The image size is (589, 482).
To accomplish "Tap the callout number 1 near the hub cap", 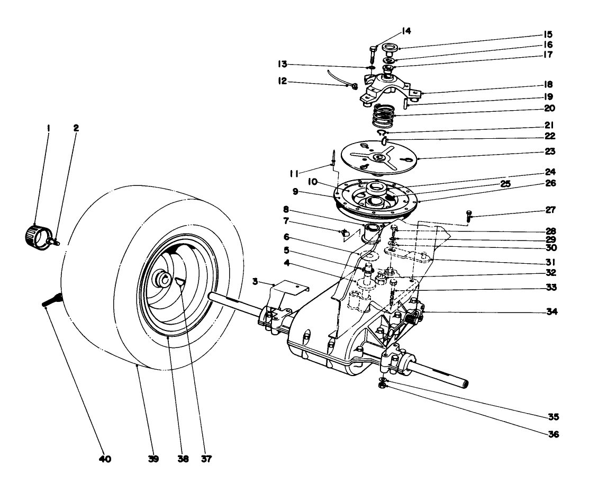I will (x=49, y=128).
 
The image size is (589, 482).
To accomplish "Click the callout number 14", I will (x=406, y=31).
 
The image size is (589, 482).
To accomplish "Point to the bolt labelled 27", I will (x=469, y=216).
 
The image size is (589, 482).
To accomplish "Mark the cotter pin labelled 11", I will (x=333, y=157).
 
